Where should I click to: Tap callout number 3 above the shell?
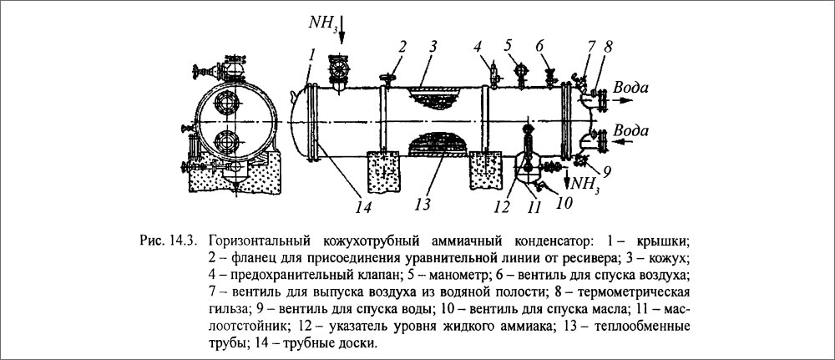coord(435,47)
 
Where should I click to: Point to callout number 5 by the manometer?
coord(508,44)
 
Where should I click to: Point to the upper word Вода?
coord(630,87)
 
